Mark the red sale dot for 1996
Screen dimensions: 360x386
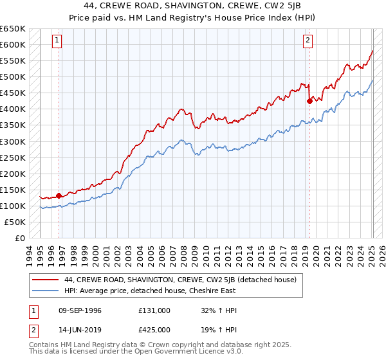[59, 195]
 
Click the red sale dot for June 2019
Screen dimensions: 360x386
[309, 100]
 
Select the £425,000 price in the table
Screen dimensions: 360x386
[154, 329]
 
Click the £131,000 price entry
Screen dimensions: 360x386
[154, 310]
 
